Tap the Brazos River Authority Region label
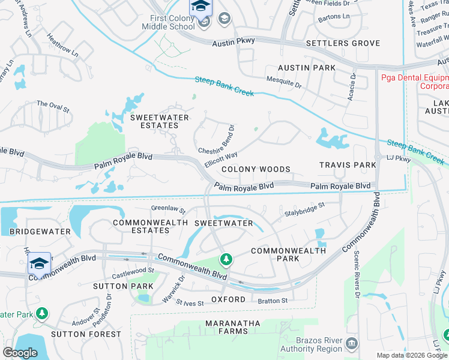coord(312,345)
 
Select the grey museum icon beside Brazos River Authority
coord(352,343)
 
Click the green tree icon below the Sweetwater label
coord(226,260)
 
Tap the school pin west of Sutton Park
coord(39,263)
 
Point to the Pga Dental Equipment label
coord(415,82)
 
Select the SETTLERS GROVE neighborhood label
coord(343,43)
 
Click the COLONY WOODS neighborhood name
coord(256,170)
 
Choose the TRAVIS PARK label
coord(348,164)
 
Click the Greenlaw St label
coord(168,210)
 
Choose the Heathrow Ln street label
coord(63,45)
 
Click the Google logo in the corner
coord(20,353)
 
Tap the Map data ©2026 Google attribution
coord(411,355)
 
